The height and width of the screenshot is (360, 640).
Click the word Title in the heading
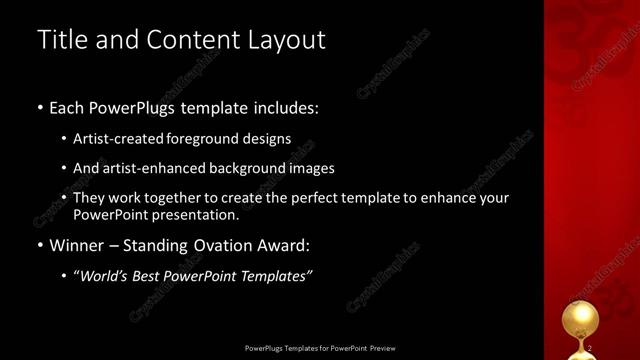coord(59,40)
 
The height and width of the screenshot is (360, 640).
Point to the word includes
coord(285,107)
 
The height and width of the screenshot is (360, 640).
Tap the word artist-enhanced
coord(152,168)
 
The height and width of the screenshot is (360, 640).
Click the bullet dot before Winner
coord(40,245)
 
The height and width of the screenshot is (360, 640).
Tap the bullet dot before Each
coord(40,107)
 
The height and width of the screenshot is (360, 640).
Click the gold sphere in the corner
coord(577,321)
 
